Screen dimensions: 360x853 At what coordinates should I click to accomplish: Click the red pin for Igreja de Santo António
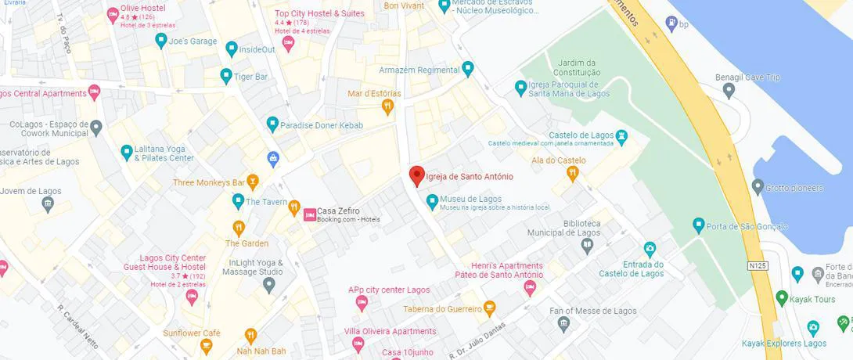pyautogui.click(x=417, y=176)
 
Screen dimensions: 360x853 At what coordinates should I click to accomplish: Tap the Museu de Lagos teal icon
pyautogui.click(x=431, y=202)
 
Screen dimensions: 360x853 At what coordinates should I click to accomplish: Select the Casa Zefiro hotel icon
pyautogui.click(x=310, y=214)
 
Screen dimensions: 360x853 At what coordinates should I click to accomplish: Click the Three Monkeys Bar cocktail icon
pyautogui.click(x=252, y=182)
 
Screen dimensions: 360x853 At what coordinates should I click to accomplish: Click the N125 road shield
pyautogui.click(x=756, y=266)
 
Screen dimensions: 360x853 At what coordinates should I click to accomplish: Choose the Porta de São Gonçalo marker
pyautogui.click(x=699, y=226)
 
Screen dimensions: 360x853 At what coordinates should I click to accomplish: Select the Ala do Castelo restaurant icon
pyautogui.click(x=572, y=174)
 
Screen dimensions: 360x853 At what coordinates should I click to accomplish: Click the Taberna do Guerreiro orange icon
pyautogui.click(x=489, y=308)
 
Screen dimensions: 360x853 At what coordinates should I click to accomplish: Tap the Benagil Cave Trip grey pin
pyautogui.click(x=729, y=91)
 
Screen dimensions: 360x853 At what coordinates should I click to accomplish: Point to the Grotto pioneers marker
pyautogui.click(x=757, y=188)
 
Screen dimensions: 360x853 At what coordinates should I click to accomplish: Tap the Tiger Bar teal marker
pyautogui.click(x=226, y=77)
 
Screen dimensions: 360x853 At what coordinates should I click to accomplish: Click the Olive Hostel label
pyautogui.click(x=142, y=8)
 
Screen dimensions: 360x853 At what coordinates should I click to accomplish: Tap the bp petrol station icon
pyautogui.click(x=671, y=24)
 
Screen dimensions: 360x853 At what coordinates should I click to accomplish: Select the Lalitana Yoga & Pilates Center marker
pyautogui.click(x=126, y=153)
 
